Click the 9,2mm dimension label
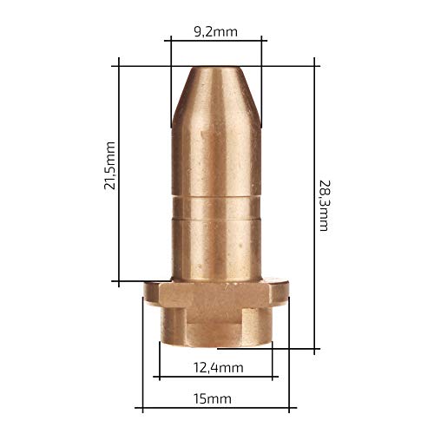(x=215, y=31)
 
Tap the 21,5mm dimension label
(x=109, y=166)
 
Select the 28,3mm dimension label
(x=325, y=206)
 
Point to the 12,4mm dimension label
(x=219, y=368)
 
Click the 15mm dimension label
(x=213, y=399)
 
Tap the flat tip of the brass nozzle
(x=216, y=68)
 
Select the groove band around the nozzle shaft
(x=216, y=208)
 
